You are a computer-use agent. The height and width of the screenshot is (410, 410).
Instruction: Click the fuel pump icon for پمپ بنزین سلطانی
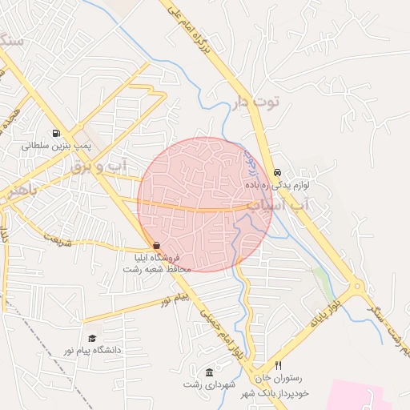click(x=54, y=134)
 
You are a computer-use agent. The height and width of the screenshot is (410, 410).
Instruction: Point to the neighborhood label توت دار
click(x=257, y=102)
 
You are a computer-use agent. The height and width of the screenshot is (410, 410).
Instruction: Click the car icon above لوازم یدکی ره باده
click(x=277, y=172)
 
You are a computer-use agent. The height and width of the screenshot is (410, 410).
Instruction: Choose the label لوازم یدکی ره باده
click(x=278, y=185)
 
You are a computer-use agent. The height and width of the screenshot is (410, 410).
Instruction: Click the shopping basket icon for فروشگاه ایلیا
click(x=156, y=246)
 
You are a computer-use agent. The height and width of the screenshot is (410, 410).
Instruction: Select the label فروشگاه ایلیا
click(x=164, y=258)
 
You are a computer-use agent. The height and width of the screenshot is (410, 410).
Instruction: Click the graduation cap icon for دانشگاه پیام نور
click(x=92, y=339)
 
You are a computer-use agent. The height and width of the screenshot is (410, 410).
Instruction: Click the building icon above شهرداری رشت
click(x=209, y=372)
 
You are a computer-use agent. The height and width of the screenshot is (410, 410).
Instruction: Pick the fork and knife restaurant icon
click(x=279, y=365)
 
